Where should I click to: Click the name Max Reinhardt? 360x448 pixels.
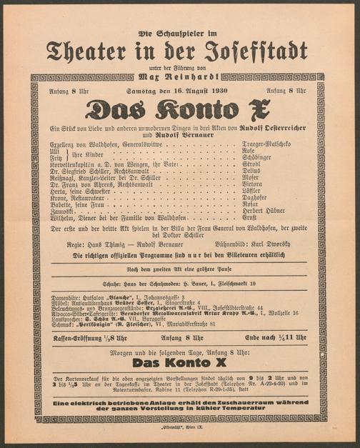click(x=180, y=74)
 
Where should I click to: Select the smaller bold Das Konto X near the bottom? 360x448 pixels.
click(x=180, y=362)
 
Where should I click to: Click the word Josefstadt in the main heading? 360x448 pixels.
click(x=256, y=51)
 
